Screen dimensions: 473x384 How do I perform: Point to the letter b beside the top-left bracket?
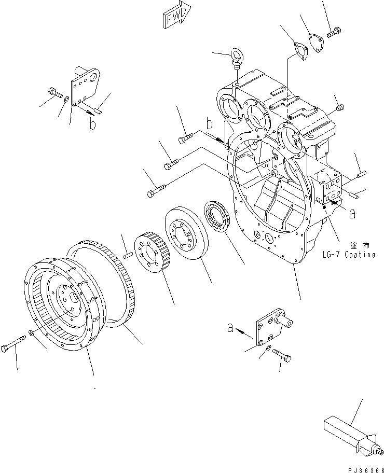(93, 124)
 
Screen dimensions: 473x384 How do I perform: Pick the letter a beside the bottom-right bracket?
(230, 328)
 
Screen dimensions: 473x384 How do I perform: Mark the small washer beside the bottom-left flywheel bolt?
(32, 332)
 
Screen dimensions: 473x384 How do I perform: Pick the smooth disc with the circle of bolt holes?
(186, 233)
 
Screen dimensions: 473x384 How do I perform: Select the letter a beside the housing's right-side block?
(353, 213)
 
